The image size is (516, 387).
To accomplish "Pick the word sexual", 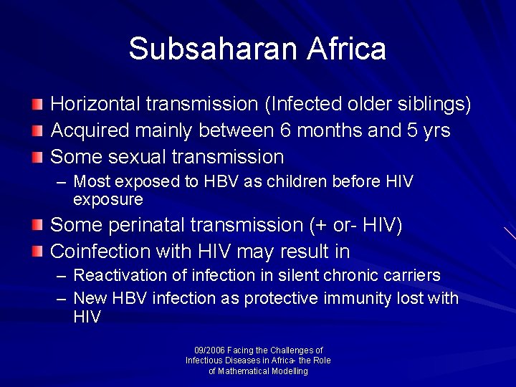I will (134, 157).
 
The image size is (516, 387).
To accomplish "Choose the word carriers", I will (408, 276).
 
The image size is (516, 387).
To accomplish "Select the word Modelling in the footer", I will (283, 371).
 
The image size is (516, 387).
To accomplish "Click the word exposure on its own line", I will (108, 199).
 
